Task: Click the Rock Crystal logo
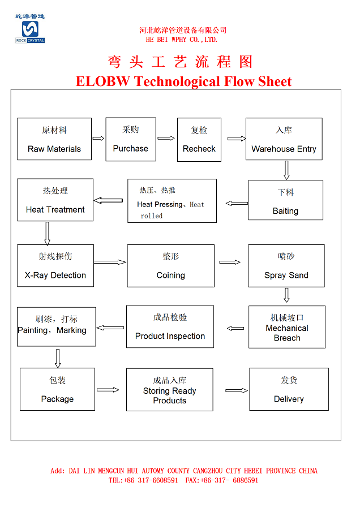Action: [x=30, y=29]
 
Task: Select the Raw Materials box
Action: [x=54, y=139]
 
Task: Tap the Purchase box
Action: [x=131, y=139]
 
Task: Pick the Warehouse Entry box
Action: [x=284, y=139]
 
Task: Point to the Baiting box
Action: [x=285, y=200]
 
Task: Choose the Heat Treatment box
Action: [x=55, y=200]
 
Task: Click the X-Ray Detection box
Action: [x=55, y=265]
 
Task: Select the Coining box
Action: [x=170, y=266]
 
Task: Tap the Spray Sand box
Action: [x=286, y=266]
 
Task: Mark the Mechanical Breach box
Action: [x=287, y=327]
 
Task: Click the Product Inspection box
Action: [x=170, y=326]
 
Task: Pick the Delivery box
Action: [x=289, y=390]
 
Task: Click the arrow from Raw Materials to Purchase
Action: [x=98, y=138]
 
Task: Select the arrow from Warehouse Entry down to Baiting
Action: [x=286, y=170]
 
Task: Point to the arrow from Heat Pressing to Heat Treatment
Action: [x=108, y=200]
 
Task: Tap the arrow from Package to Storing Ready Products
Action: [x=108, y=390]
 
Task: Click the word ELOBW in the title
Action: [x=103, y=81]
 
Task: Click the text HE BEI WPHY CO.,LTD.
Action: [x=182, y=40]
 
